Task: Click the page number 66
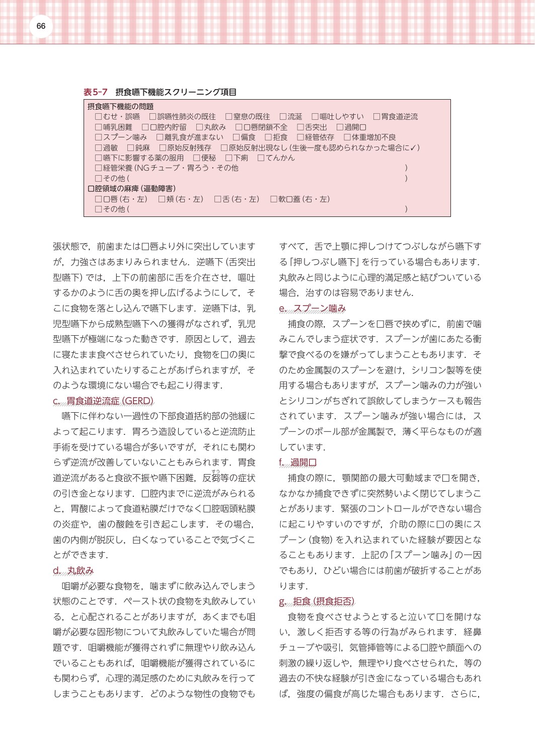tap(41, 26)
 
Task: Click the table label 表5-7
tap(96, 92)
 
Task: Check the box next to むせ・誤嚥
tap(99, 117)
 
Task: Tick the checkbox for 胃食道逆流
tap(376, 117)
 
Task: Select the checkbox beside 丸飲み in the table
tap(200, 127)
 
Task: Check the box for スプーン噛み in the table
tap(99, 137)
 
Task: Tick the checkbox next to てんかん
tap(261, 158)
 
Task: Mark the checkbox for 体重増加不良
tap(347, 137)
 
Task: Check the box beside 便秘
tap(197, 158)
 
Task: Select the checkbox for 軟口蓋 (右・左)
tap(274, 199)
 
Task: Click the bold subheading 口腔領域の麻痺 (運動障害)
tap(131, 189)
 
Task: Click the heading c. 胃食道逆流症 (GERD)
tap(103, 401)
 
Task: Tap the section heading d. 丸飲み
tap(73, 571)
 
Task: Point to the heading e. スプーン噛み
tap(313, 309)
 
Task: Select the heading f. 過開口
tap(298, 463)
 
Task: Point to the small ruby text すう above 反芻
tap(215, 471)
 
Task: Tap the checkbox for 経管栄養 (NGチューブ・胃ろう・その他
tap(99, 168)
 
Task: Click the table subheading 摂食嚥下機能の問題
tap(120, 107)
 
